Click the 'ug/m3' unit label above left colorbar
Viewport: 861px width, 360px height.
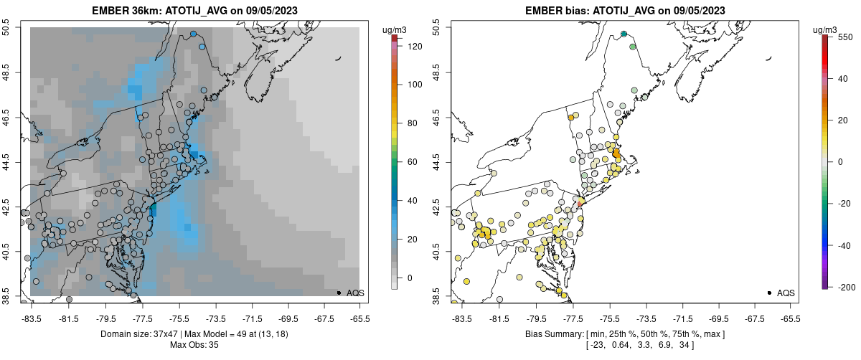pyautogui.click(x=395, y=29)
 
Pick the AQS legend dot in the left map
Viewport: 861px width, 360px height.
pyautogui.click(x=339, y=293)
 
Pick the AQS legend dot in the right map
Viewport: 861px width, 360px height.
pyautogui.click(x=769, y=293)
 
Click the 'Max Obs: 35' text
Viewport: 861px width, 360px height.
pyautogui.click(x=194, y=345)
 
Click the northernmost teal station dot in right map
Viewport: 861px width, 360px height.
pyautogui.click(x=624, y=34)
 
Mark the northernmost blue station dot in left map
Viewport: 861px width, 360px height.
pyautogui.click(x=194, y=34)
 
